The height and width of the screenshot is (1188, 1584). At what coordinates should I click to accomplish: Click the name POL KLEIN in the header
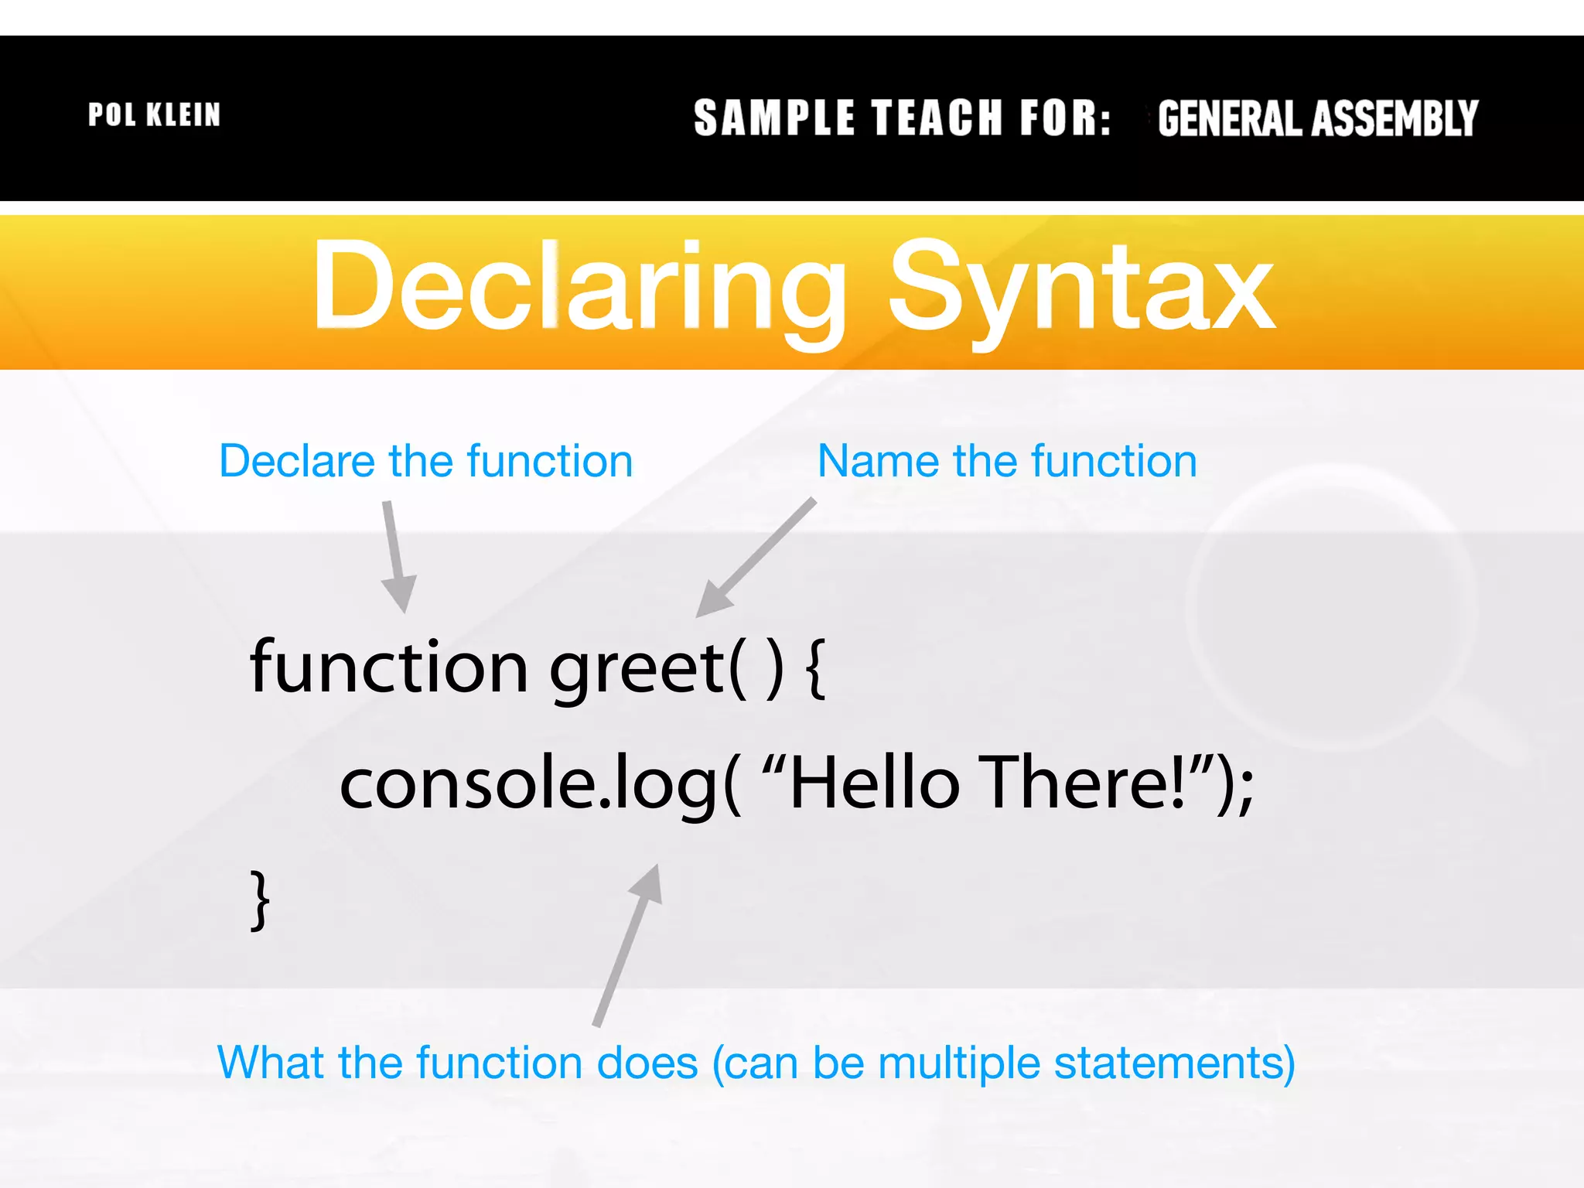(x=154, y=115)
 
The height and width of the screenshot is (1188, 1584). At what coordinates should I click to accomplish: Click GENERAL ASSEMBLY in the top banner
(x=1317, y=119)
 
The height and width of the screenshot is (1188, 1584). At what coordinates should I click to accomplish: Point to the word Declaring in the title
(x=579, y=288)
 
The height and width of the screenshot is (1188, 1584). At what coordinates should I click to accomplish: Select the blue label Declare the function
(x=425, y=462)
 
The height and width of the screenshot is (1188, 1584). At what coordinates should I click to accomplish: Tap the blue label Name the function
(x=1007, y=462)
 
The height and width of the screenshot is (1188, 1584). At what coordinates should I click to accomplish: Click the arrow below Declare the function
(x=397, y=557)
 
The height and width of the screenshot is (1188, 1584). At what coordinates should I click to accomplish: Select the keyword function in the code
(x=389, y=667)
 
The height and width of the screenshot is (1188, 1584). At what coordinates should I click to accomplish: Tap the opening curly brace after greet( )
(x=815, y=668)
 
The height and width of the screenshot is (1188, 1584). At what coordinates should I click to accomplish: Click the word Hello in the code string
(x=875, y=783)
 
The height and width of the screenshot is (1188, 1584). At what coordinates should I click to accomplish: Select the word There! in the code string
(x=1083, y=783)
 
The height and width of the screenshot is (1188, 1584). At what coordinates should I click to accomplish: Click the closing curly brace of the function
(x=261, y=900)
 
